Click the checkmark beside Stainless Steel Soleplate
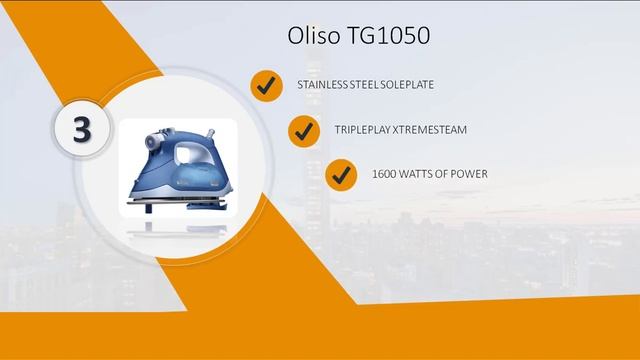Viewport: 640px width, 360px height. [266, 87]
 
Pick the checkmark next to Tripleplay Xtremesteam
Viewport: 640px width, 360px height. [303, 130]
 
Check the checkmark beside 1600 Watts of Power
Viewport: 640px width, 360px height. [342, 174]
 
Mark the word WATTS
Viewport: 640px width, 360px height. [418, 174]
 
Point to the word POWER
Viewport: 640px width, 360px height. [468, 174]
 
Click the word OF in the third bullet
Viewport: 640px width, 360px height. [443, 174]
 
